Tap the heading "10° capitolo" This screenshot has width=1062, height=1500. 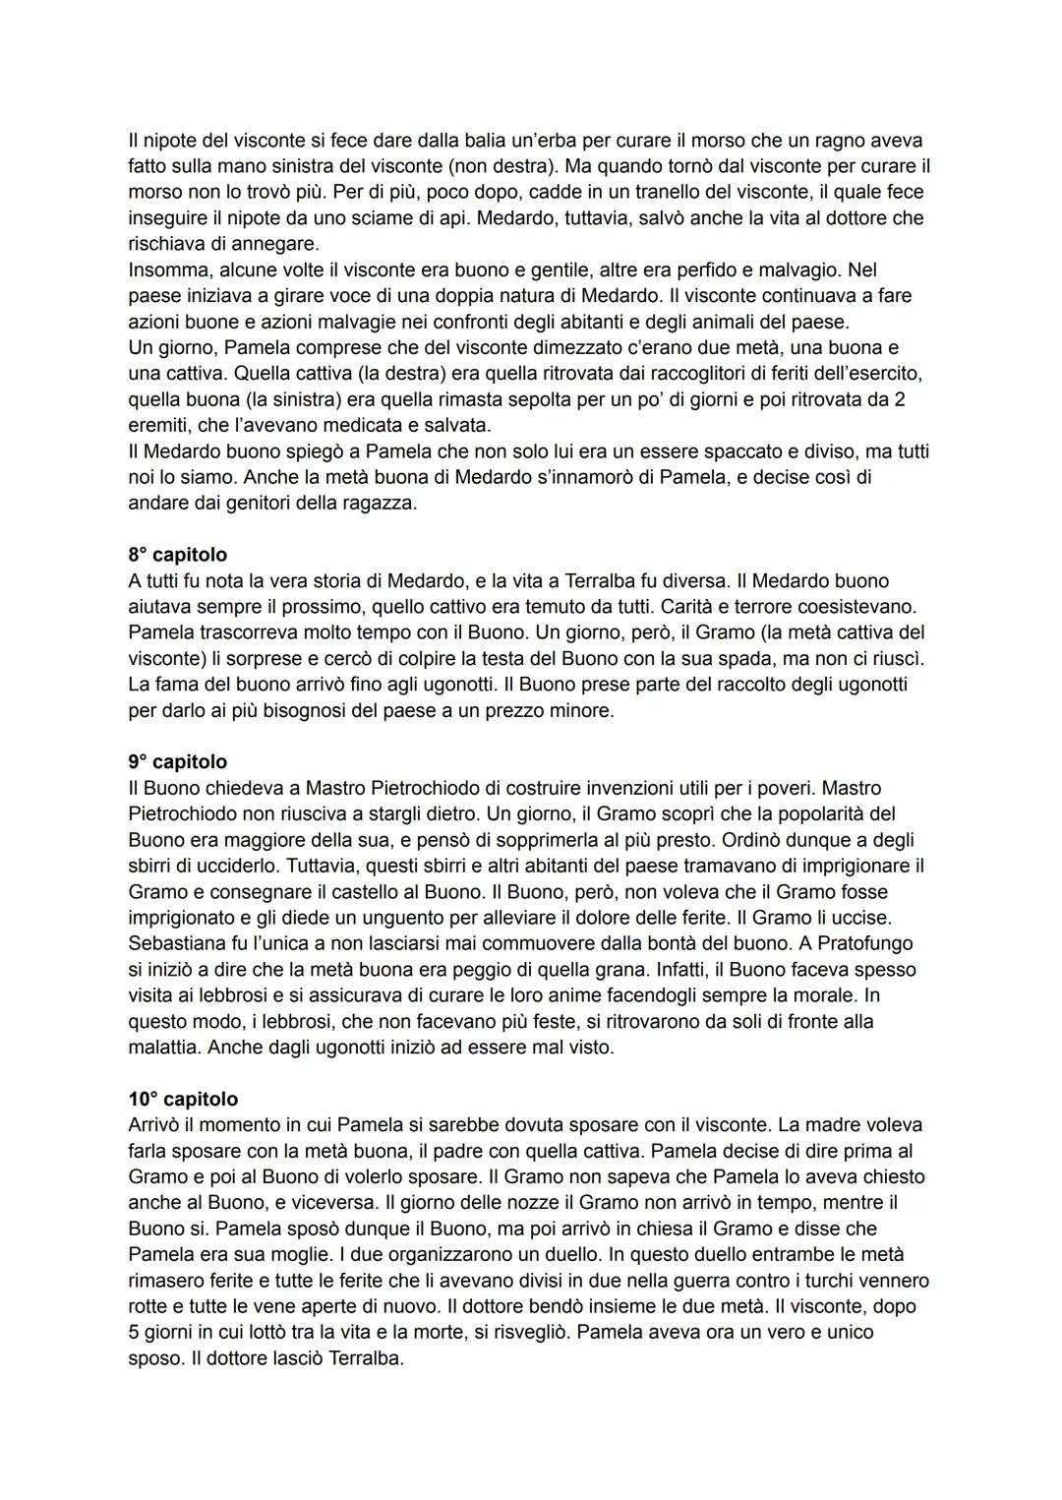coord(183,1099)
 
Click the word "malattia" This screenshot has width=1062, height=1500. coord(164,1048)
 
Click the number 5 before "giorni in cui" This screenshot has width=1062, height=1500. coord(134,1333)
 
